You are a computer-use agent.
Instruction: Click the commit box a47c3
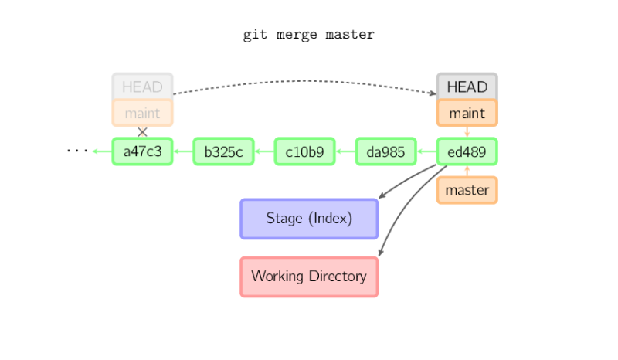coord(142,151)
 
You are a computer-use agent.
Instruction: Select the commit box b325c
coord(223,151)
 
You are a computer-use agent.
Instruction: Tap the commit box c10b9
coord(304,151)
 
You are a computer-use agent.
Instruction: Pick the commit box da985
coord(385,151)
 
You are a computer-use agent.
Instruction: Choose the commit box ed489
coord(467,151)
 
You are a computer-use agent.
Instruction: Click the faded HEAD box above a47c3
coord(142,87)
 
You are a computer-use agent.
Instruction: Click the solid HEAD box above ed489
coord(467,87)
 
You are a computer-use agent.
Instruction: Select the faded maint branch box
coord(142,113)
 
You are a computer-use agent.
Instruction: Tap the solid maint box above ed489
coord(467,113)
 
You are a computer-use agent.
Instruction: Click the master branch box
coord(467,190)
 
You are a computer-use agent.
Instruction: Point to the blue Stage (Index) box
coord(309,219)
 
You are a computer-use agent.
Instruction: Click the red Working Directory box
coord(309,277)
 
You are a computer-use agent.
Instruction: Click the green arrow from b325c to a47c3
coord(183,151)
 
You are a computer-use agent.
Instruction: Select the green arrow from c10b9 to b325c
coord(264,151)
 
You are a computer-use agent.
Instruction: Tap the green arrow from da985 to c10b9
coord(345,151)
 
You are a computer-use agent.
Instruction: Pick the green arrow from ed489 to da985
coord(426,151)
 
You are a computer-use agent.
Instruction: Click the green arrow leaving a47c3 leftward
coord(101,151)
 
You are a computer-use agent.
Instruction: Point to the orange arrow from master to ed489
coord(467,171)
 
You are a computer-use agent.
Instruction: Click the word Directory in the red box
coord(337,277)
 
